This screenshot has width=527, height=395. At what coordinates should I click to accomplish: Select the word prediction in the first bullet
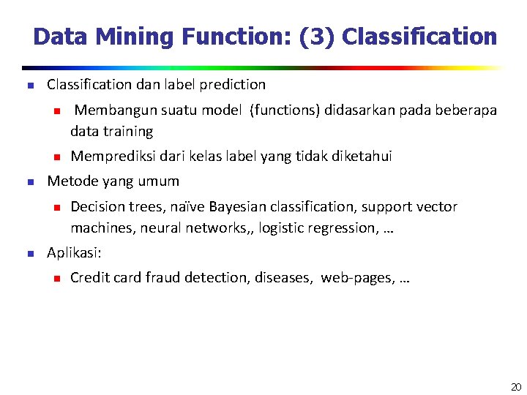click(233, 85)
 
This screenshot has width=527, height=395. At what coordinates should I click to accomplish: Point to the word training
click(130, 132)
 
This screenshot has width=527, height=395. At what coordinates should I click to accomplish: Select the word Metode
click(71, 181)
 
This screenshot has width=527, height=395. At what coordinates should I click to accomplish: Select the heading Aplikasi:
click(74, 253)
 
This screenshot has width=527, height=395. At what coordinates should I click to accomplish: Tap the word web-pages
click(358, 278)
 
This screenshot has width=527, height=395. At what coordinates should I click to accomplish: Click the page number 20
click(516, 387)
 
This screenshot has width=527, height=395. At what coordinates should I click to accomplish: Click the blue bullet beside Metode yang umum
click(30, 181)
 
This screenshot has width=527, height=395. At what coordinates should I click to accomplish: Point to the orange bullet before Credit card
click(54, 278)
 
